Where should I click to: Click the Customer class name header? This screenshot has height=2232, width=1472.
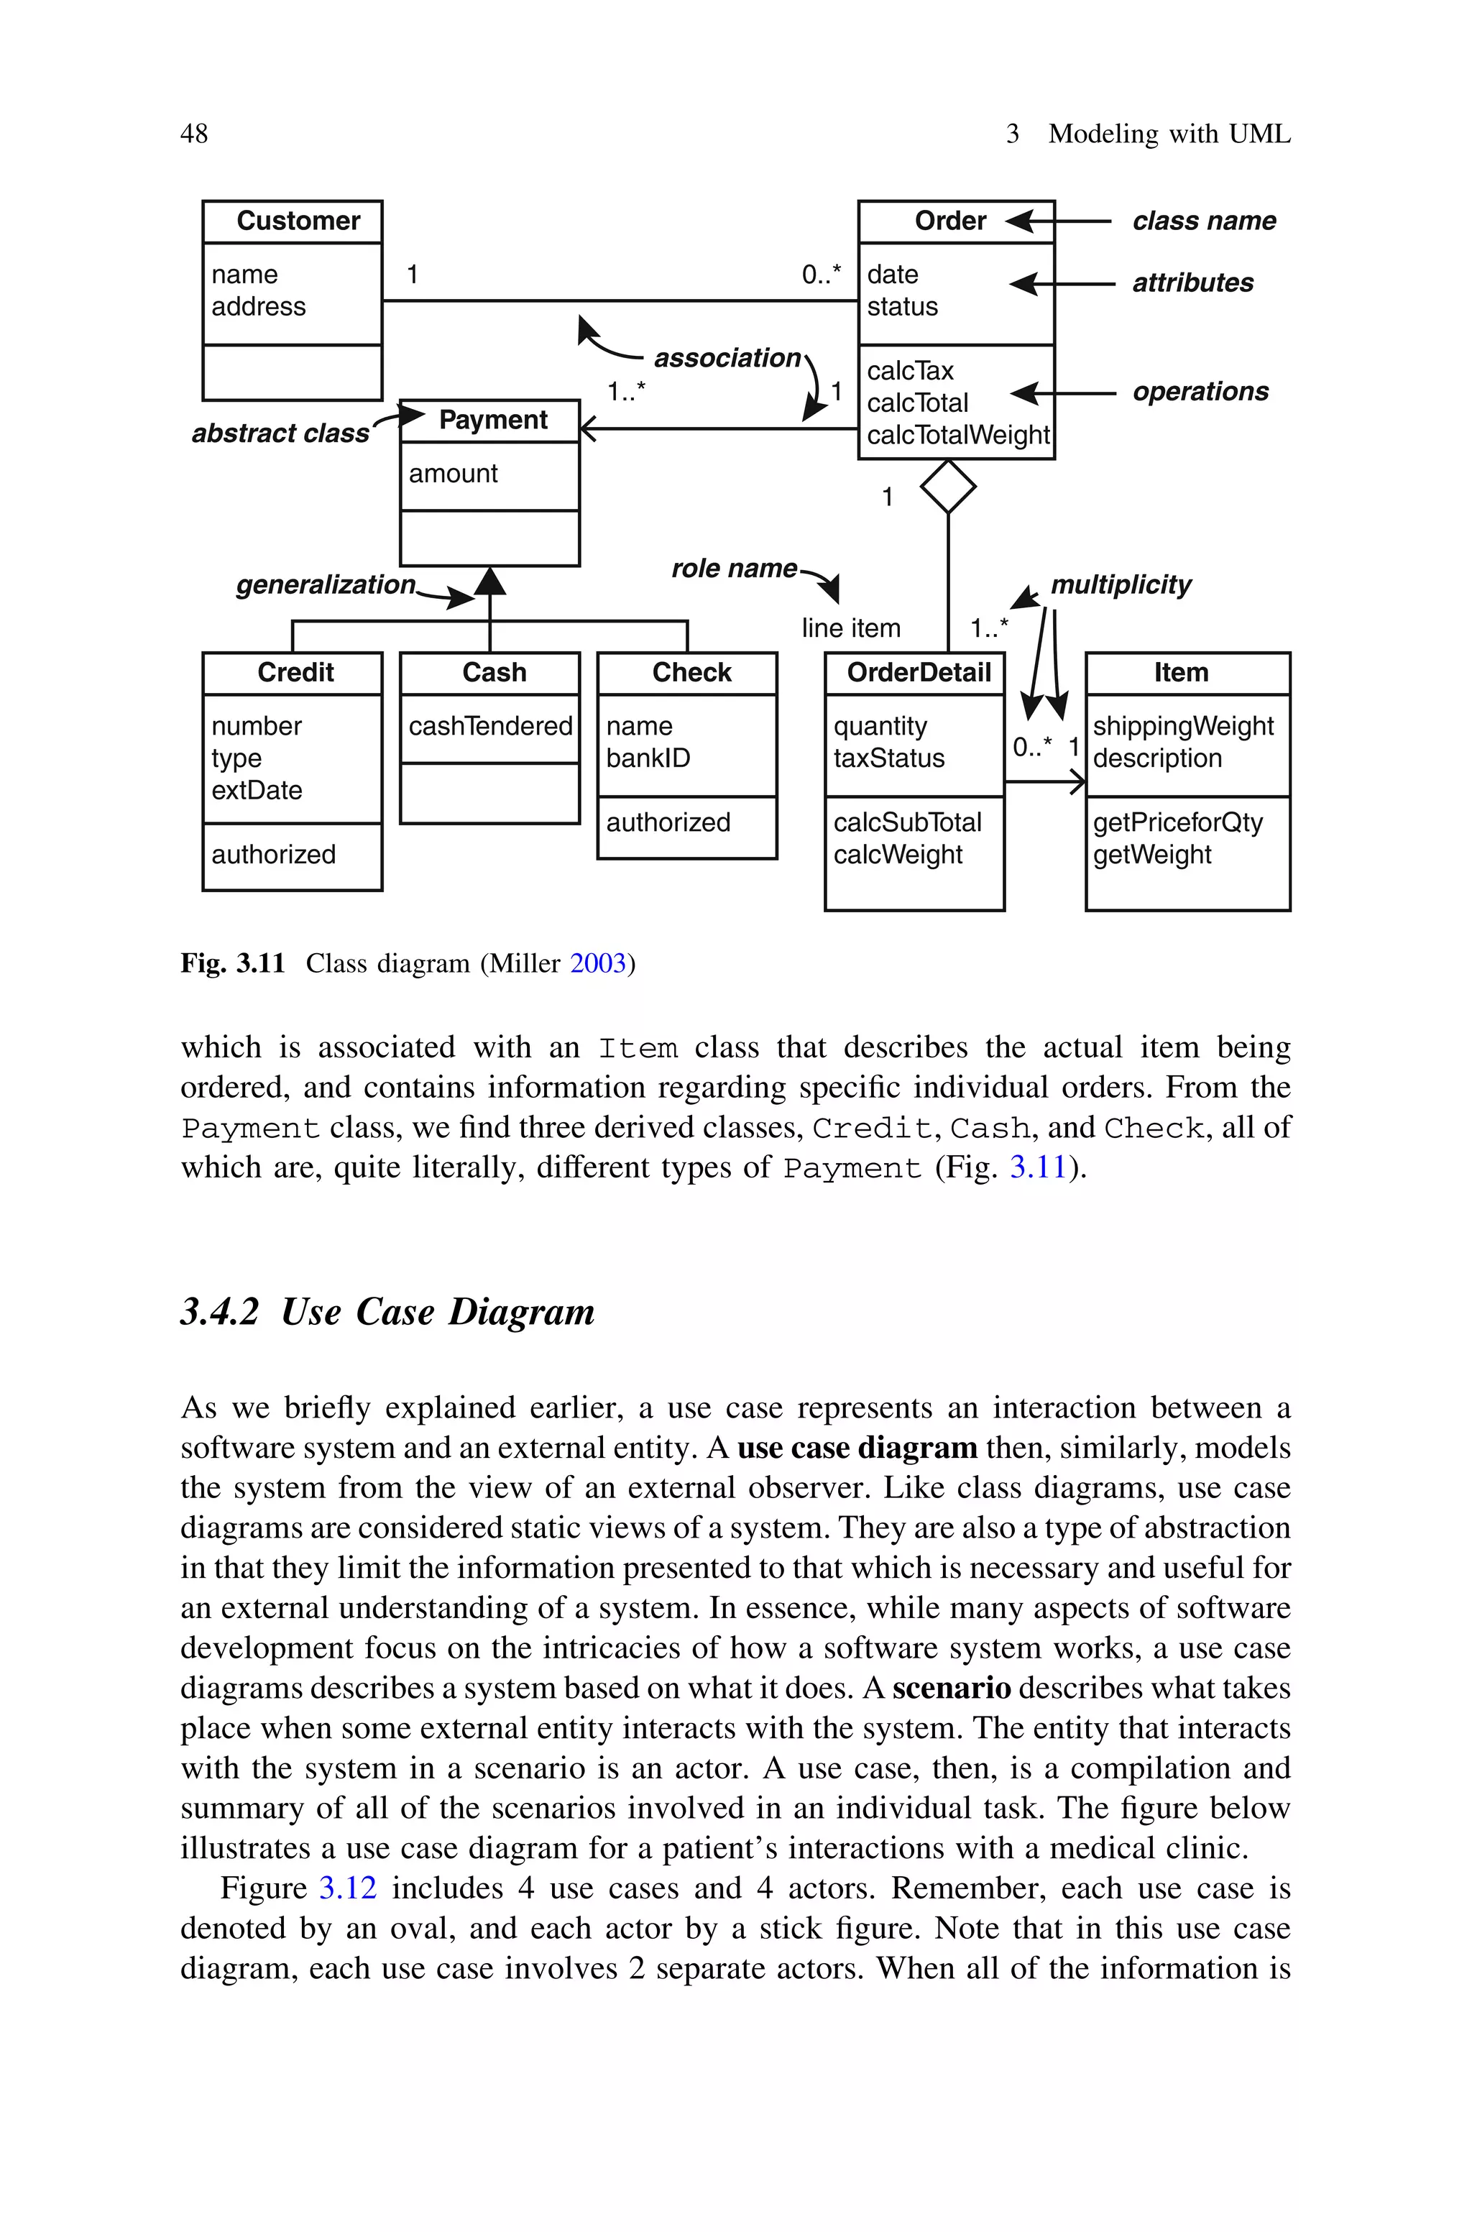click(298, 221)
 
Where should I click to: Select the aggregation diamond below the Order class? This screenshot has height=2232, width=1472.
click(948, 487)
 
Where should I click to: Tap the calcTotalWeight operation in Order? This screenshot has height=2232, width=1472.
click(957, 436)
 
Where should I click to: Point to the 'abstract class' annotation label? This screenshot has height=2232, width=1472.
click(281, 433)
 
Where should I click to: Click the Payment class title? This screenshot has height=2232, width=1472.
click(493, 421)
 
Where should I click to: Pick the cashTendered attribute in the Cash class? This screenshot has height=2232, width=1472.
click(490, 727)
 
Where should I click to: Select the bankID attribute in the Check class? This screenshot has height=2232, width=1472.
click(648, 758)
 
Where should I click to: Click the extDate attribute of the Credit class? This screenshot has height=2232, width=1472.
click(257, 790)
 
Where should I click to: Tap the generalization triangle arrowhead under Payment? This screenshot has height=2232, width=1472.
click(490, 582)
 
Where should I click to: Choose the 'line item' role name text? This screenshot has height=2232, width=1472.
click(850, 628)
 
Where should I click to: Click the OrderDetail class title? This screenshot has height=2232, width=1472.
click(918, 673)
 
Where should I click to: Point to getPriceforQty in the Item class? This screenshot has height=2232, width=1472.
click(1177, 823)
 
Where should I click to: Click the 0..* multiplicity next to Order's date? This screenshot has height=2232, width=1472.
click(822, 275)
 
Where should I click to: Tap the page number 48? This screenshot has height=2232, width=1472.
click(194, 134)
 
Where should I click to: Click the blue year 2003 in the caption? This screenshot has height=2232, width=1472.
click(597, 964)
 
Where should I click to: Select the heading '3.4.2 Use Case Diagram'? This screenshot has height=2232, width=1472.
click(387, 1312)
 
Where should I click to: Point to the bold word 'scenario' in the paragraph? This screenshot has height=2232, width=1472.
click(951, 1689)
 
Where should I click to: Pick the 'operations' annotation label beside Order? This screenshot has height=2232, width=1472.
click(1200, 392)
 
